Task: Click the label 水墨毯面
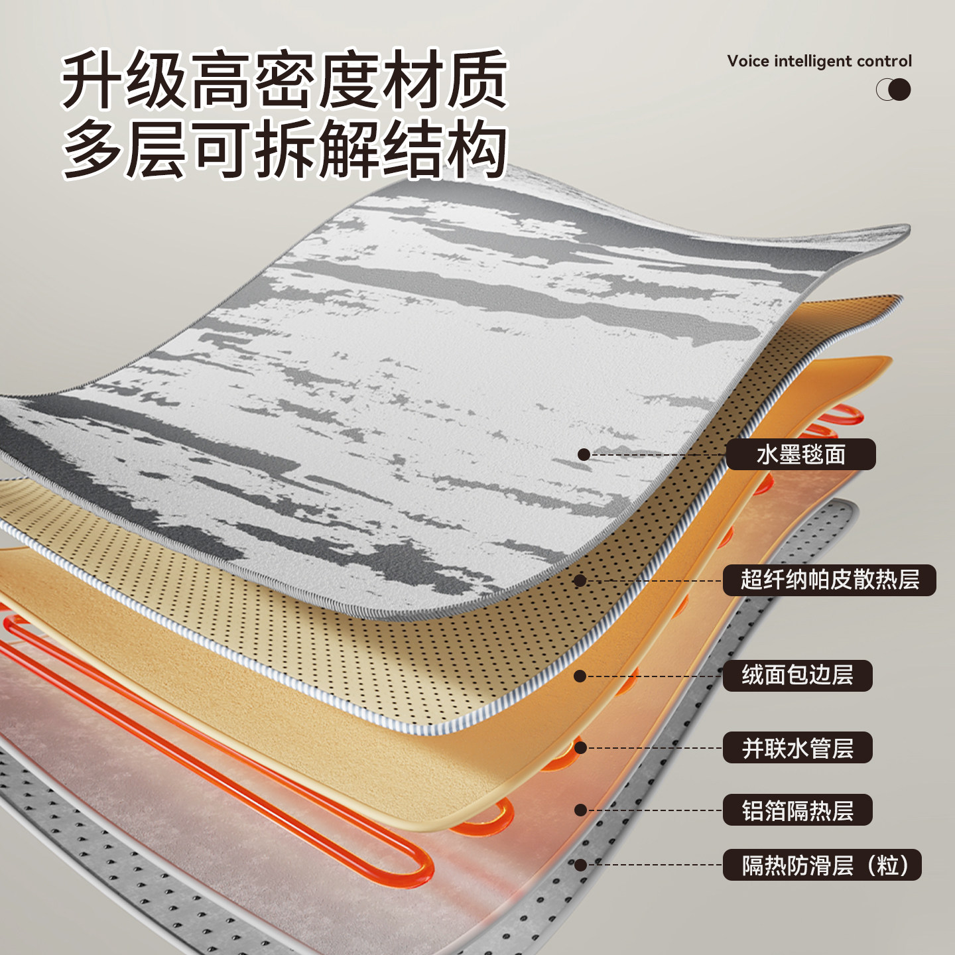[800, 455]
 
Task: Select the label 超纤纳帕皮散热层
[829, 580]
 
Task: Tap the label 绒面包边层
[797, 676]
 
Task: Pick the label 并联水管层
[797, 748]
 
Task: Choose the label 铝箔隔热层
[797, 810]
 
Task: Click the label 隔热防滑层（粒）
[822, 865]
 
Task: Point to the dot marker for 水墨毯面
[584, 454]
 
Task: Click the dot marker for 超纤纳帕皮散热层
[580, 581]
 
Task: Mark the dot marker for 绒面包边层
[580, 676]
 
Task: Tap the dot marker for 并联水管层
[580, 748]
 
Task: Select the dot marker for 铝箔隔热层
[580, 810]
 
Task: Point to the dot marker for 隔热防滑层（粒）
[580, 865]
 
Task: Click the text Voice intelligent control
[819, 61]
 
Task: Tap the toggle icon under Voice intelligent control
[893, 90]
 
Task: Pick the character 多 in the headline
[92, 149]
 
